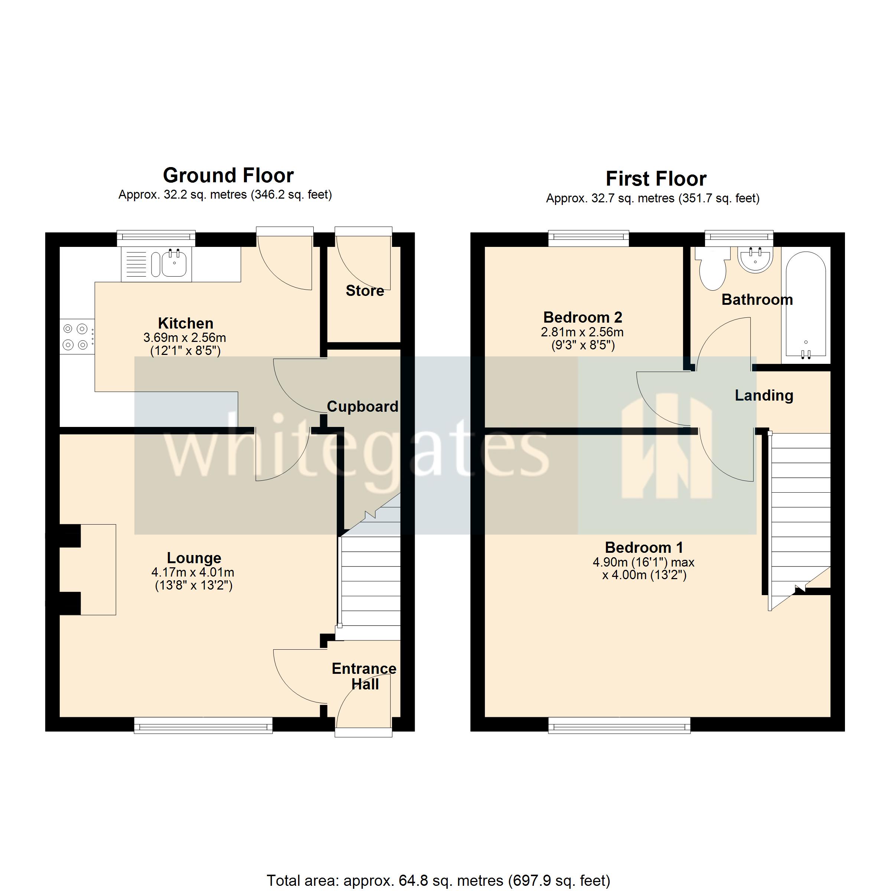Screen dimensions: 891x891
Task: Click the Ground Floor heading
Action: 228,176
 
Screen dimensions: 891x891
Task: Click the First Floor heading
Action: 656,179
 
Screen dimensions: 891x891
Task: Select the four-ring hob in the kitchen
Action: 76,337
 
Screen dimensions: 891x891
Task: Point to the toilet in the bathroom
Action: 712,269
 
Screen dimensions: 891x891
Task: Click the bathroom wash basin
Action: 755,260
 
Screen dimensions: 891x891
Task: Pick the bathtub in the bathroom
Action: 806,304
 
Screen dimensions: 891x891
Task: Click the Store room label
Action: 365,291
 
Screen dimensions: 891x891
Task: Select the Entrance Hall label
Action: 364,676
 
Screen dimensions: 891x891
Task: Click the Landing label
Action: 764,396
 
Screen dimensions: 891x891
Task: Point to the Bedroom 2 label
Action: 582,318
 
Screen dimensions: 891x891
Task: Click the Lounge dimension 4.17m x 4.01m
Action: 193,573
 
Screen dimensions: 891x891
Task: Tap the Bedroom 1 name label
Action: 644,548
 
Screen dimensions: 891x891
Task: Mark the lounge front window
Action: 203,725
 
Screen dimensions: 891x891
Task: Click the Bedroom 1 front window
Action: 619,725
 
